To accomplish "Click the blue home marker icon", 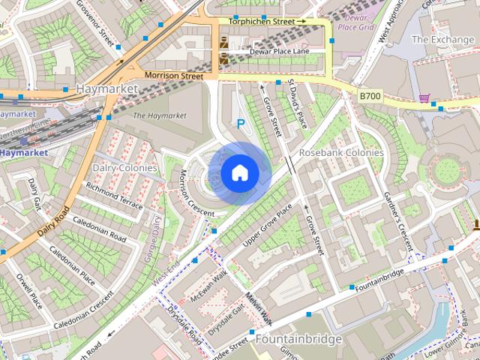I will [239, 173].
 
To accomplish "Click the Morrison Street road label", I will [173, 76].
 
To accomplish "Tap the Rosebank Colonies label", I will [341, 152].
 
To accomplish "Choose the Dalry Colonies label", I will [125, 168].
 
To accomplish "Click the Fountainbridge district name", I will [298, 339].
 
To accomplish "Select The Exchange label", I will [442, 39].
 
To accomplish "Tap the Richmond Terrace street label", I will [114, 194].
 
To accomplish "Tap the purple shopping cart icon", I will [424, 97].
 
